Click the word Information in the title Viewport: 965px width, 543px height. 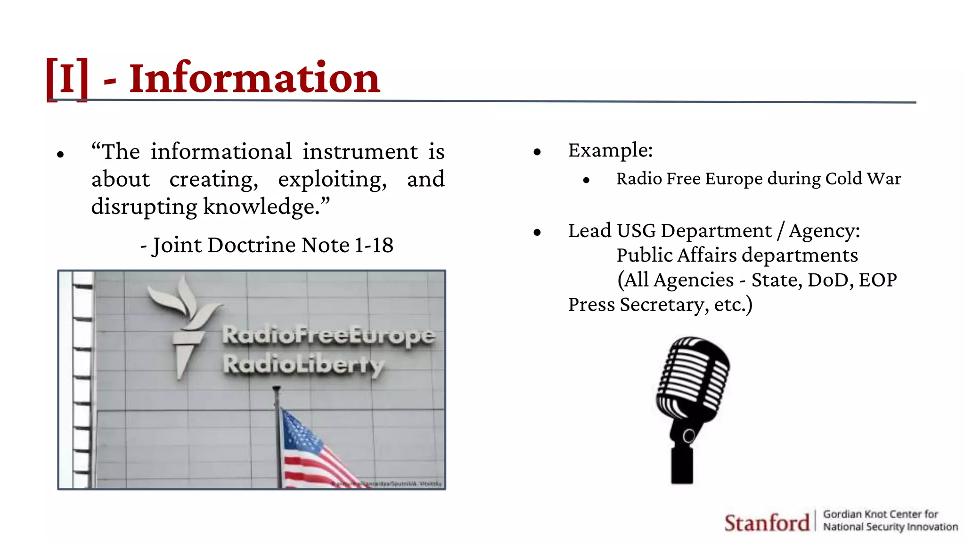[254, 78]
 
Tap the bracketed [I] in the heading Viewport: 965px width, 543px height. [67, 78]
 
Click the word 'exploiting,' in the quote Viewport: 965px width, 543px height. [332, 180]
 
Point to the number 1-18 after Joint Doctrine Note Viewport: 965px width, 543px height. [374, 245]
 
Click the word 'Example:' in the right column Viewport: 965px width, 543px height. [610, 150]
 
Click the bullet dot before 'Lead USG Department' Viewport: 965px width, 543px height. [537, 232]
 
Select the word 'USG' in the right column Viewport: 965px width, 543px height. [636, 231]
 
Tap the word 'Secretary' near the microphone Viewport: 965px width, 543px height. [664, 304]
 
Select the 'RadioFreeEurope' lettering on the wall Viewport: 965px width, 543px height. [328, 335]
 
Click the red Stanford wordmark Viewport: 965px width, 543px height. [767, 523]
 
